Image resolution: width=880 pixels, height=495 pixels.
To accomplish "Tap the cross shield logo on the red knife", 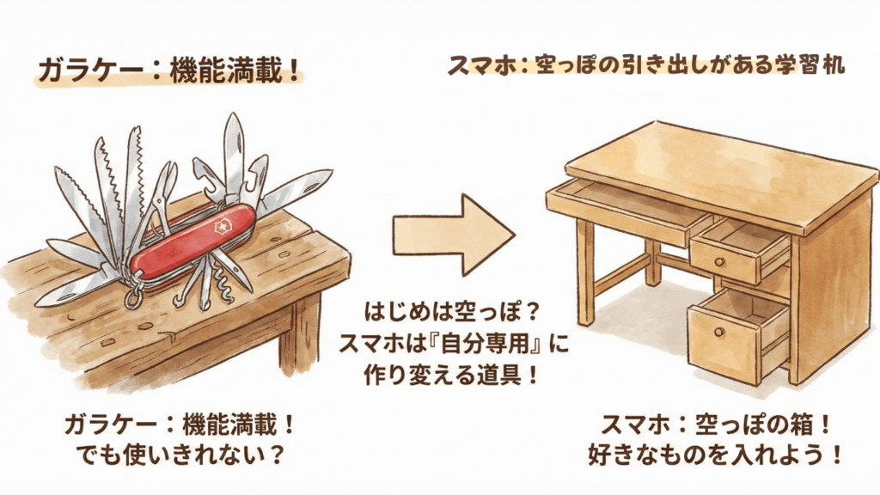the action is (x=223, y=227).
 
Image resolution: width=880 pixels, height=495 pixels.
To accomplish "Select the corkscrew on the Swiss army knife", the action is (x=223, y=284).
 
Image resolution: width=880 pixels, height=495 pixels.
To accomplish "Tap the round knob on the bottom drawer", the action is (x=719, y=333).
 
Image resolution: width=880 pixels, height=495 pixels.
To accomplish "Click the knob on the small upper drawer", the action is (x=719, y=261).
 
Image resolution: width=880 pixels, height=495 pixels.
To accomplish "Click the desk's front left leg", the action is (x=585, y=272).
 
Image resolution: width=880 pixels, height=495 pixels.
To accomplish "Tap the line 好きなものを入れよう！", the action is (x=716, y=455).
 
